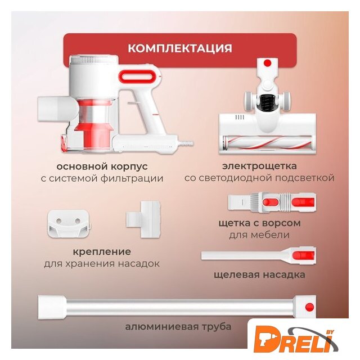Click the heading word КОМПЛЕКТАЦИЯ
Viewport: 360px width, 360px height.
[180, 48]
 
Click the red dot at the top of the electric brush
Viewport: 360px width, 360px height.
[267, 62]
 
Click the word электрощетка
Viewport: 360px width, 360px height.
[259, 166]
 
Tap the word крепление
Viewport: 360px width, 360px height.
[102, 252]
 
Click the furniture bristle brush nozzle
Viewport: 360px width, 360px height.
[272, 202]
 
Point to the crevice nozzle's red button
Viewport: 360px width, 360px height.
[304, 255]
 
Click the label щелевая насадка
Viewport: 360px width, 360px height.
[259, 275]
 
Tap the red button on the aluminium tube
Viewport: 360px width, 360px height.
[309, 307]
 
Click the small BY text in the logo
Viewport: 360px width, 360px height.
[330, 332]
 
